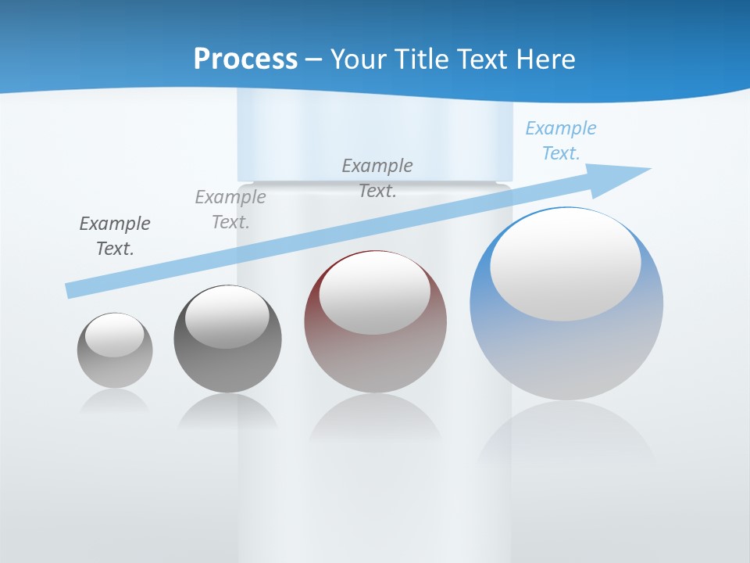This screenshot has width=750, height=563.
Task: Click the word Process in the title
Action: [x=245, y=59]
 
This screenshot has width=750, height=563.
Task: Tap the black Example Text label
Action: [x=115, y=236]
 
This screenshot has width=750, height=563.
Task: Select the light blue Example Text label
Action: [x=561, y=141]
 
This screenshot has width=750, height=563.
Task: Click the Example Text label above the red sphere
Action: [x=377, y=178]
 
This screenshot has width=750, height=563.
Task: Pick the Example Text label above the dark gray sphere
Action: [x=230, y=210]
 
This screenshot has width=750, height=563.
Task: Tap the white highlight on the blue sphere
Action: [x=565, y=264]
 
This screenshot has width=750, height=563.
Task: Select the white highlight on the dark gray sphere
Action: [x=227, y=317]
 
